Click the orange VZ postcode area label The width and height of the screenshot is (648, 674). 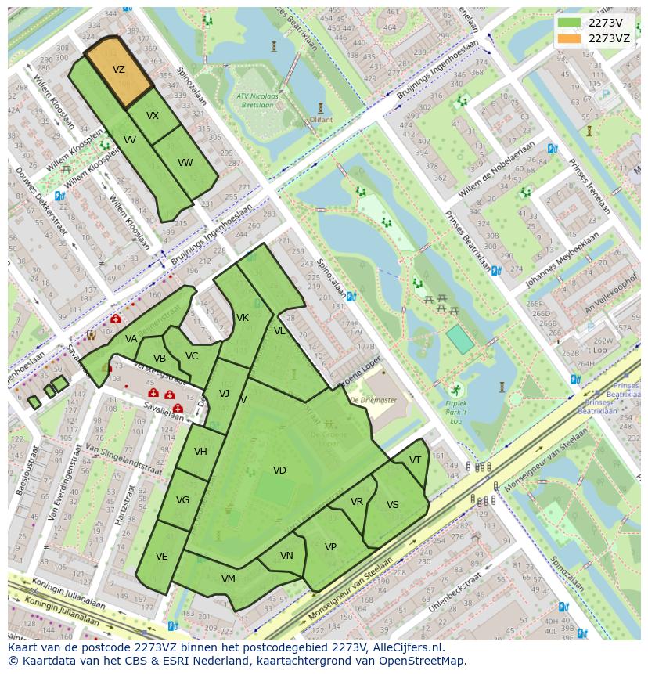click(x=119, y=70)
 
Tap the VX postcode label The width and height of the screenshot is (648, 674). click(x=153, y=116)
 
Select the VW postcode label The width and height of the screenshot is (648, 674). click(x=185, y=163)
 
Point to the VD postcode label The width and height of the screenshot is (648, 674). click(x=279, y=470)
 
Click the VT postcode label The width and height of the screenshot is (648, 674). click(x=415, y=460)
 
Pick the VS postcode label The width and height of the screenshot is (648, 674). click(x=393, y=505)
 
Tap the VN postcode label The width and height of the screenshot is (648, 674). click(x=286, y=556)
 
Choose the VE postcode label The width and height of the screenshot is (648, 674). click(x=161, y=557)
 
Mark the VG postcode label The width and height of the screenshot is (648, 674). click(x=182, y=500)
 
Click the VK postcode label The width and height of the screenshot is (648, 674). click(x=243, y=318)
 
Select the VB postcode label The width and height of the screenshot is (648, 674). click(x=160, y=359)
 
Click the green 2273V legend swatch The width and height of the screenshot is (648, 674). click(x=570, y=23)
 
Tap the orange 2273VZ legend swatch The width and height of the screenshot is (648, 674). click(x=570, y=38)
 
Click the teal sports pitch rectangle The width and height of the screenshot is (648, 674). click(x=460, y=340)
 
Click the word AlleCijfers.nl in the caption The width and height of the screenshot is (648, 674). click(x=407, y=648)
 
